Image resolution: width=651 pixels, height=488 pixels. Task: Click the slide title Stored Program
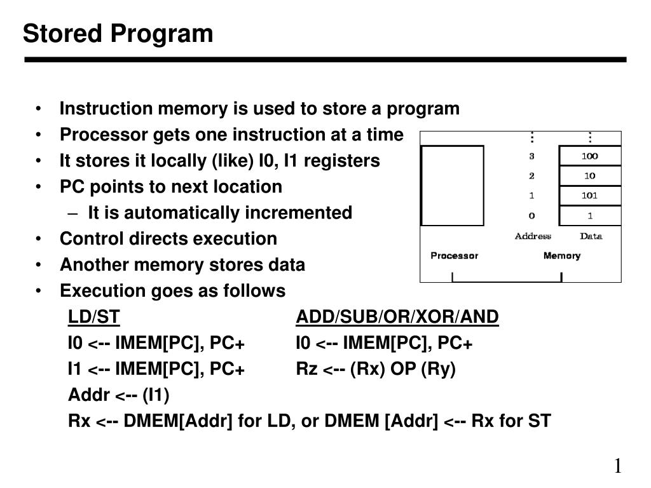click(x=118, y=34)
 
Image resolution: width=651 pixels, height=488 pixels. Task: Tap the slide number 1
click(x=617, y=466)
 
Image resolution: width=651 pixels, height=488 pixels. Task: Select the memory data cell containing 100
click(x=589, y=156)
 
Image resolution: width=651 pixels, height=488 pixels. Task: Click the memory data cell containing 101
click(x=589, y=196)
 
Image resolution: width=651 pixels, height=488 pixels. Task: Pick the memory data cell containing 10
click(x=589, y=176)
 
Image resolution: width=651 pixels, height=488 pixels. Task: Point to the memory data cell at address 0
click(x=589, y=216)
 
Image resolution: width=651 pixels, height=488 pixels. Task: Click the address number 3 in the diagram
click(x=531, y=156)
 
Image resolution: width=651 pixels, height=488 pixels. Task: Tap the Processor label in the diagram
click(x=454, y=255)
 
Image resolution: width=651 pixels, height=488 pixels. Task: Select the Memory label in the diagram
click(x=561, y=255)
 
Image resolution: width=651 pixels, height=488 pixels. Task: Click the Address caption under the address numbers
click(x=533, y=236)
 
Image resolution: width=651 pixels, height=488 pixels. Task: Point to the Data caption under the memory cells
click(x=591, y=236)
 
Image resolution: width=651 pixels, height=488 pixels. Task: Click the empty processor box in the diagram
click(x=453, y=186)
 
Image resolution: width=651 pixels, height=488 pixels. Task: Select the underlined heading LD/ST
click(x=94, y=317)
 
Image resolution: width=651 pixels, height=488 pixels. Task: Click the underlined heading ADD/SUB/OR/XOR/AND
click(x=397, y=317)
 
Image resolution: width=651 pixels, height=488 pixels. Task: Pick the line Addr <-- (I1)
click(x=118, y=395)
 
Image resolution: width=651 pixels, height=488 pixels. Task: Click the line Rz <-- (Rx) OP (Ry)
click(x=376, y=369)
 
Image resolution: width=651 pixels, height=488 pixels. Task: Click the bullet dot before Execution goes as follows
click(x=40, y=291)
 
